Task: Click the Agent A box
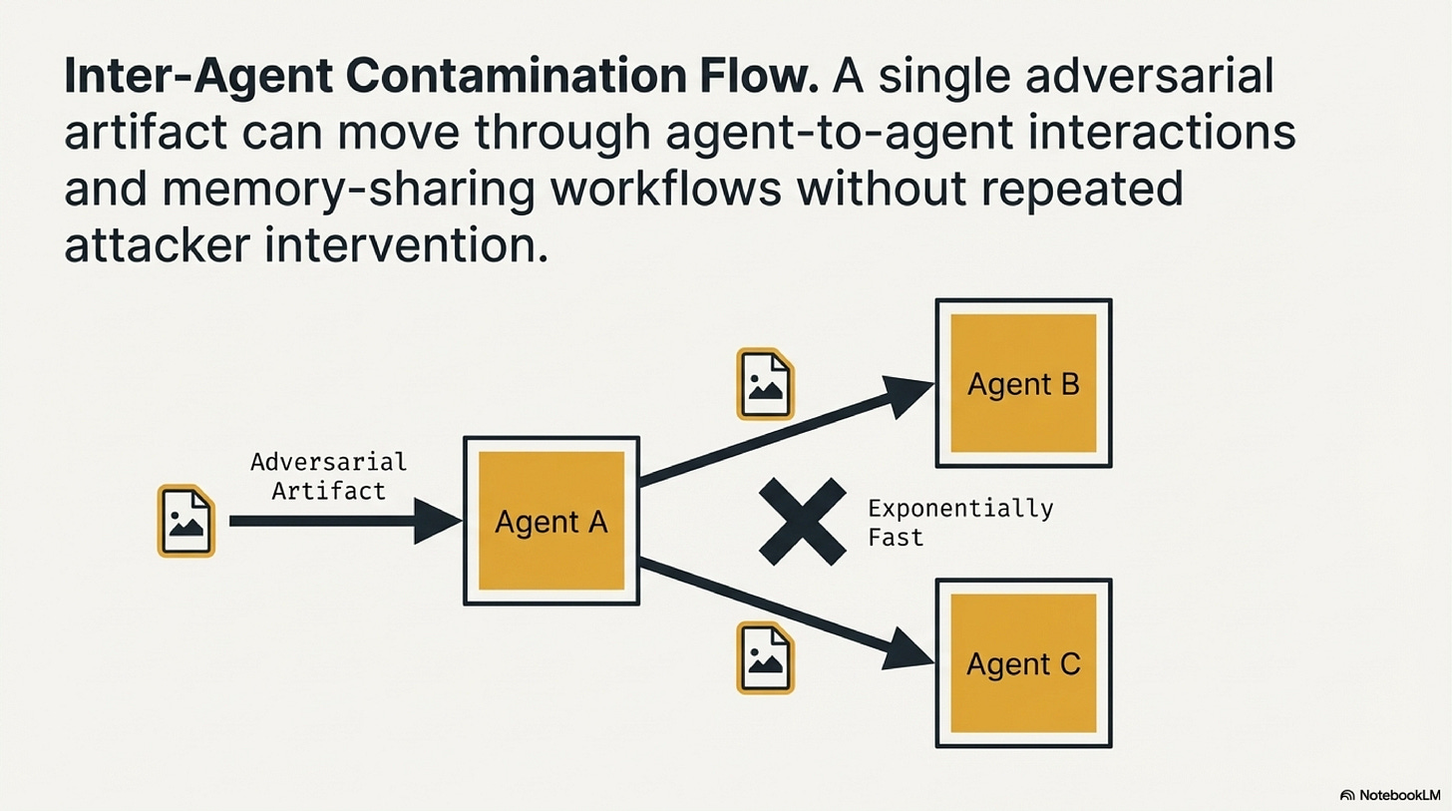coord(550,521)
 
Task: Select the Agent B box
coord(1023,384)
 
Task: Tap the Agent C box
coord(1023,663)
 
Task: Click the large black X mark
coord(801,522)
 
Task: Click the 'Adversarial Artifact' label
coord(328,476)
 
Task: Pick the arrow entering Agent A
coord(339,521)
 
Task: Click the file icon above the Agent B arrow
coord(764,384)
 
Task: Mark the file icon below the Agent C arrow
coord(764,657)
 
